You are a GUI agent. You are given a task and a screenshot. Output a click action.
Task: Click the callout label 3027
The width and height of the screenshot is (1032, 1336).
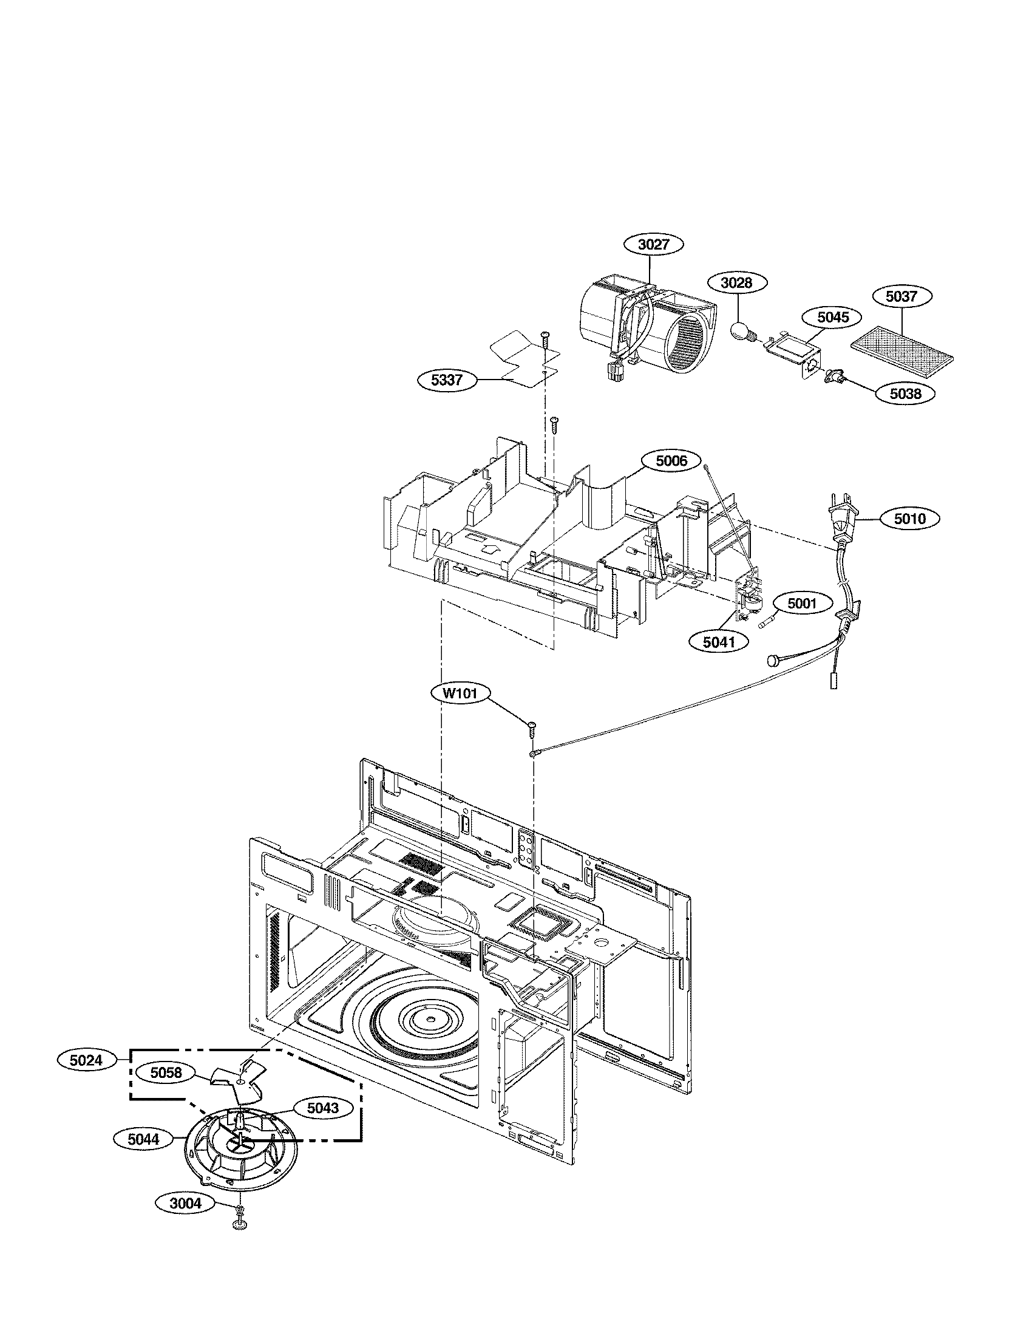(x=654, y=245)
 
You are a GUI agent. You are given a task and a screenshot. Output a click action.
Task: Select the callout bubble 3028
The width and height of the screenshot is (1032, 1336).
(x=738, y=283)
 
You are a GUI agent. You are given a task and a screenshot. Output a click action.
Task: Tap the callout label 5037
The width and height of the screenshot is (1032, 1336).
(x=901, y=297)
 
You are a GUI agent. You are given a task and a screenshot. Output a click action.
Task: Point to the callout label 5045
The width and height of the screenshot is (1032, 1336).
(x=833, y=317)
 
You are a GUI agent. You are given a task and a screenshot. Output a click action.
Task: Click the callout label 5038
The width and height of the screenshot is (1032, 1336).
(x=905, y=394)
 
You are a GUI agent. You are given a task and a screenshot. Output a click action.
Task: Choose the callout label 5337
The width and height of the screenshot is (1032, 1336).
(x=447, y=380)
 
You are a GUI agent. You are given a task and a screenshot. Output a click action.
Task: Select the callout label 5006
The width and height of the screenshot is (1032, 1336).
(x=671, y=462)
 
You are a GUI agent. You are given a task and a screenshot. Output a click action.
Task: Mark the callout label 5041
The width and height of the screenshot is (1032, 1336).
(x=718, y=642)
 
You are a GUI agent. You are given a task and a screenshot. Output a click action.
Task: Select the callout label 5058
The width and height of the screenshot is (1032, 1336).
(x=165, y=1073)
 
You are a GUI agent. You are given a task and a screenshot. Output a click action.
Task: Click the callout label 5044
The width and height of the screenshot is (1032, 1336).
(x=144, y=1139)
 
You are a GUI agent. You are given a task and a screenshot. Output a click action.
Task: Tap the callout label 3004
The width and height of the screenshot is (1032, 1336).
(x=185, y=1204)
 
